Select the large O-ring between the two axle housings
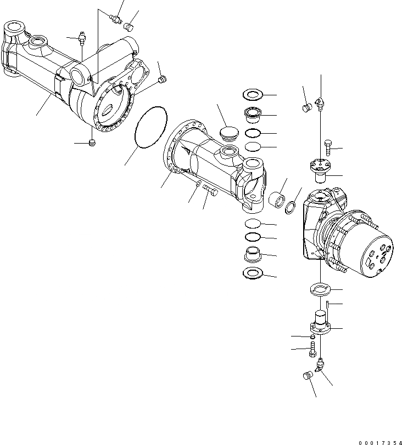point(150,127)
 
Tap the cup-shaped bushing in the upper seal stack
point(253,116)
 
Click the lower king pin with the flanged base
point(320,322)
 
